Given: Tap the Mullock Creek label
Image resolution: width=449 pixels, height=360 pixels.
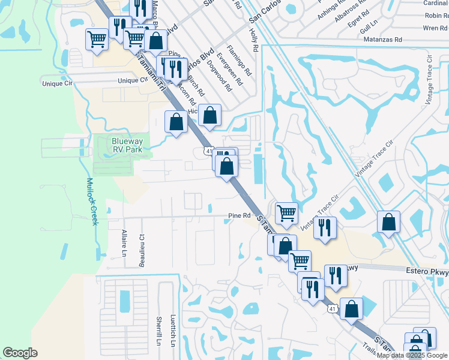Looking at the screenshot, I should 91,202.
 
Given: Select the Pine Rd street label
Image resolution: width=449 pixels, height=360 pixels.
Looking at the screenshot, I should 238,216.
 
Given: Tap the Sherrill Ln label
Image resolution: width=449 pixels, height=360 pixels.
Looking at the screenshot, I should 159,331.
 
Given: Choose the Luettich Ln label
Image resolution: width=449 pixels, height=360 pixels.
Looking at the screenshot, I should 172,331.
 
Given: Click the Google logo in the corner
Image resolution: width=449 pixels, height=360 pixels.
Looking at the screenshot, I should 20,353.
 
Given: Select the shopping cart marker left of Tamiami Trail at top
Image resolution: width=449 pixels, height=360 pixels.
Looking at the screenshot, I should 97,40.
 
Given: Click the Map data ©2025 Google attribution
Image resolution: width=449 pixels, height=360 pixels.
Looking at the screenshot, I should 412,355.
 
